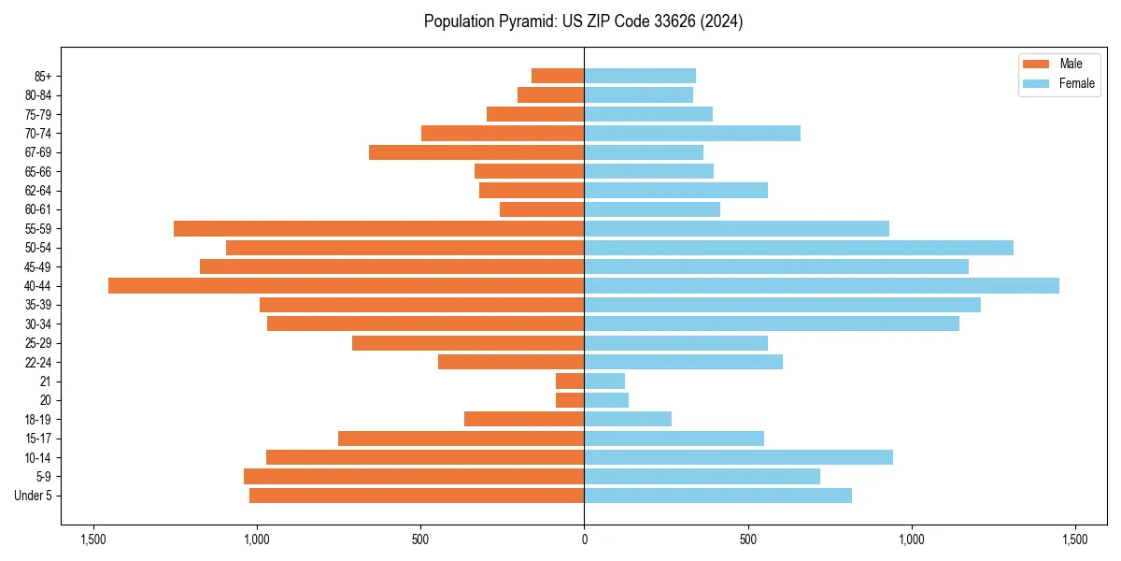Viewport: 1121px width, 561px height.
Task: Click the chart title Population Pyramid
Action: pos(583,22)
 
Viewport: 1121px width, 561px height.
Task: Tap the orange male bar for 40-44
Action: pos(346,285)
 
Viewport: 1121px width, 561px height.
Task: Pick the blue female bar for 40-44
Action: pos(821,285)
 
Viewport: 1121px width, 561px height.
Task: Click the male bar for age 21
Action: pos(570,381)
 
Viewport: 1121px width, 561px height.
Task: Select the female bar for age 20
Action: pos(606,400)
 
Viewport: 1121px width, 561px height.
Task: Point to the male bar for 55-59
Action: pos(378,228)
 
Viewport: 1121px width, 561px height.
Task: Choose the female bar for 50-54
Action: pos(799,248)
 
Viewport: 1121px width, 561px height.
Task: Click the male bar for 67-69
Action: pos(476,152)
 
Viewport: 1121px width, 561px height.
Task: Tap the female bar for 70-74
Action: pos(692,133)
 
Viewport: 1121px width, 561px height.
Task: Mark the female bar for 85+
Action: pos(640,76)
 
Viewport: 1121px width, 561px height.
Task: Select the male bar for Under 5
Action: pos(417,496)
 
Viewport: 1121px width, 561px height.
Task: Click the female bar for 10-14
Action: pos(738,457)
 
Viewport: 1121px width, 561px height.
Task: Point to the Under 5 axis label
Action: pos(33,496)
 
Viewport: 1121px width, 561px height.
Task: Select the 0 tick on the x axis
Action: pos(584,539)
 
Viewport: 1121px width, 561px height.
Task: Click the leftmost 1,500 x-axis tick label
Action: pos(92,539)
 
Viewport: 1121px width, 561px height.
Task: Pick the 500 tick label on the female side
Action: pos(747,539)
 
